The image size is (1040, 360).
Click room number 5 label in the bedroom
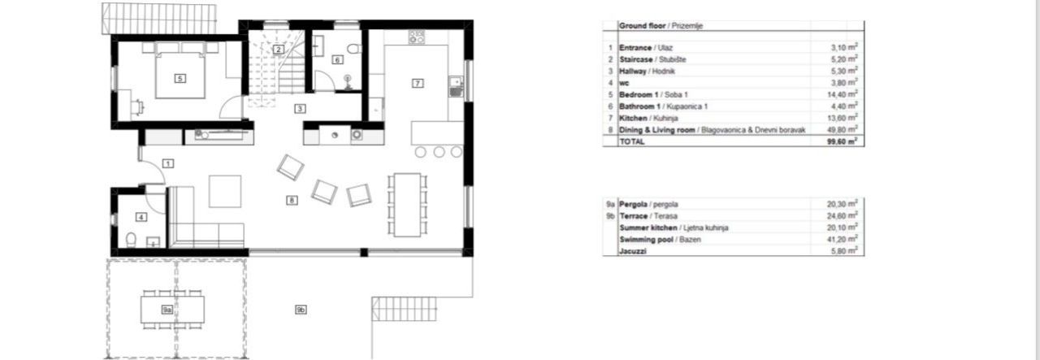[180, 79]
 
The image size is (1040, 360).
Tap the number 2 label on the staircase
[278, 50]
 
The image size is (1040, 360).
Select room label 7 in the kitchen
[418, 83]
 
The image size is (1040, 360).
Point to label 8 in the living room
[292, 199]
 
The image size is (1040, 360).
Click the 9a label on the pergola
[167, 310]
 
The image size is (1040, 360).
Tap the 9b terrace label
[301, 310]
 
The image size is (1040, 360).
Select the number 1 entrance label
[167, 163]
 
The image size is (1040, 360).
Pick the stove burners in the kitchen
[417, 36]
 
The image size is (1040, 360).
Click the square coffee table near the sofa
[225, 192]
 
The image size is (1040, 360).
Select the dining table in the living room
[404, 202]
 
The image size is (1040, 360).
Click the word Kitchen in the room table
[633, 117]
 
